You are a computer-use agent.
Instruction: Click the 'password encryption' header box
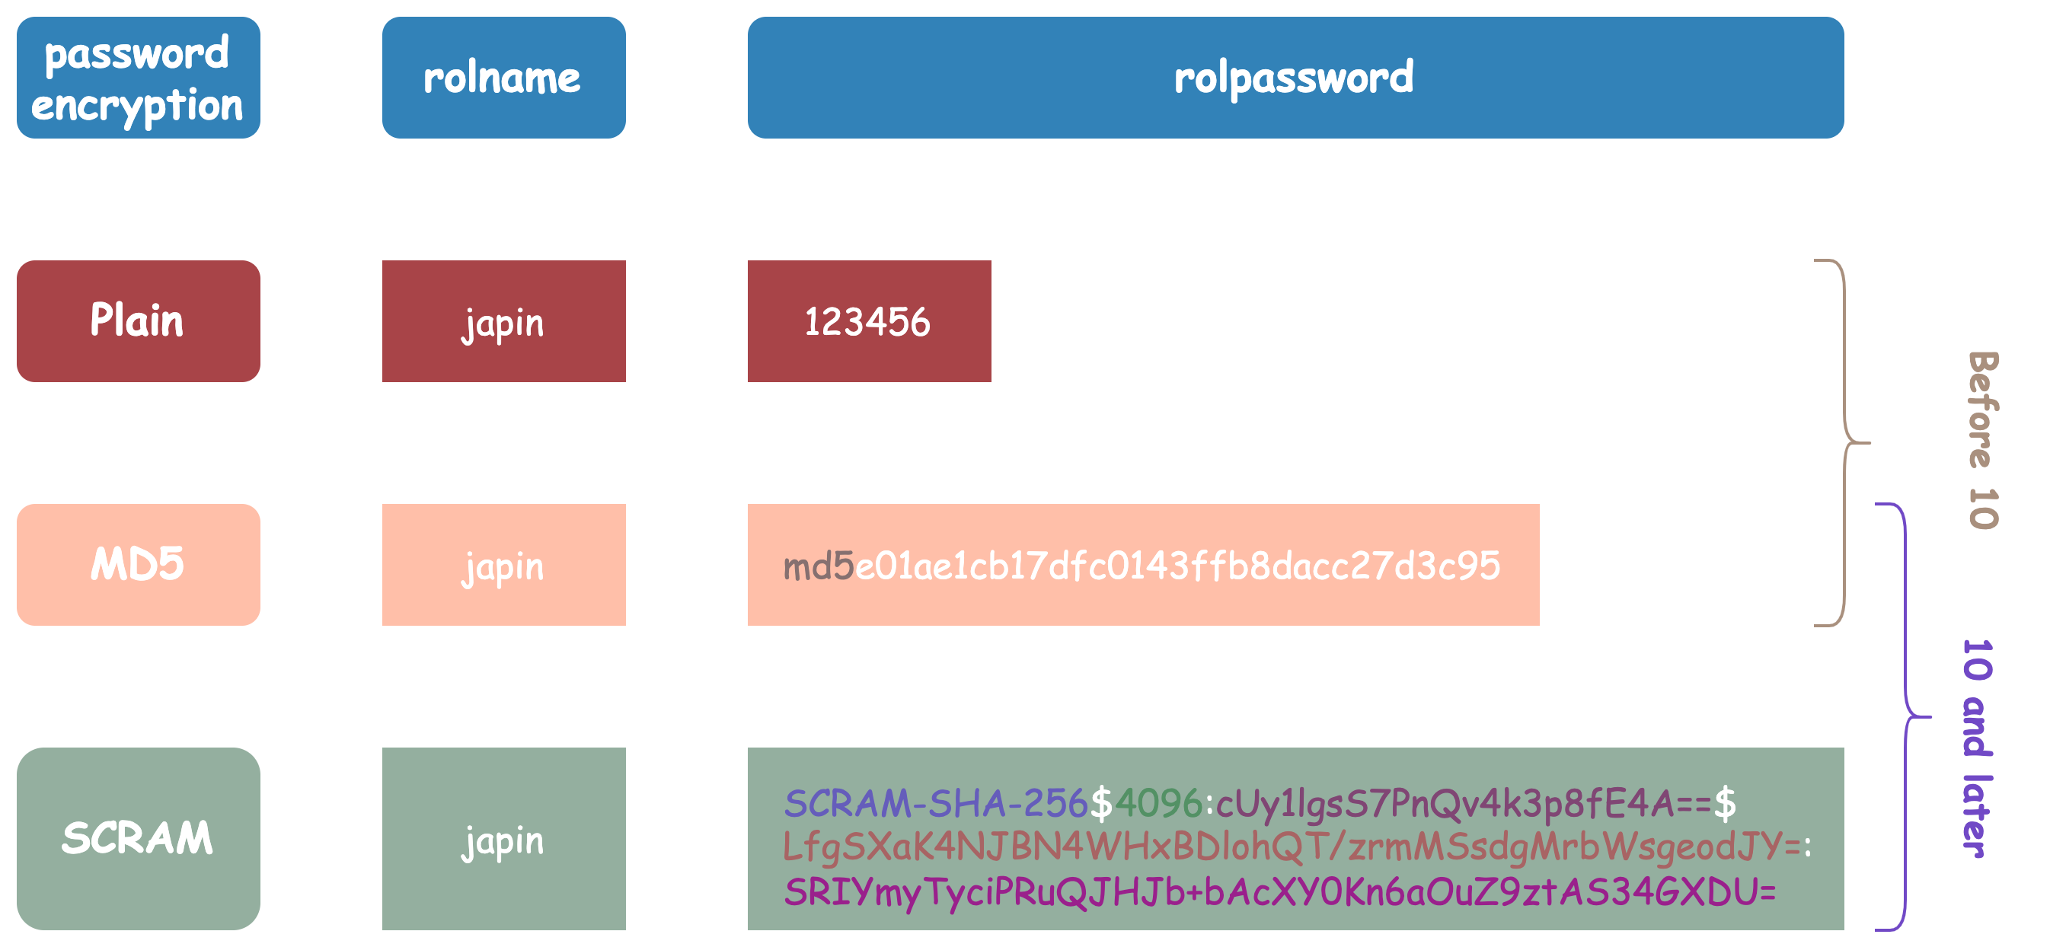[138, 78]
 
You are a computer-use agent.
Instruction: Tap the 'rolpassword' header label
[1294, 78]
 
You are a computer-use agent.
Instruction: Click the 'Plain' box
[138, 320]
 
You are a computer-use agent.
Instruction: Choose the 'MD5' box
[138, 564]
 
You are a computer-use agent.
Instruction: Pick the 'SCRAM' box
[138, 838]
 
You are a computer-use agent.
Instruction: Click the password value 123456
[867, 322]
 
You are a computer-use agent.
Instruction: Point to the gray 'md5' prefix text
[818, 566]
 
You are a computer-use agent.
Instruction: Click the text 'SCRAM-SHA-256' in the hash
[935, 803]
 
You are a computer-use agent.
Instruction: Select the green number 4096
[1158, 803]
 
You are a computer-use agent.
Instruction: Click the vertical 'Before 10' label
[1982, 440]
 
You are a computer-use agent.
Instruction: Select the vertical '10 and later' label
[1978, 748]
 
